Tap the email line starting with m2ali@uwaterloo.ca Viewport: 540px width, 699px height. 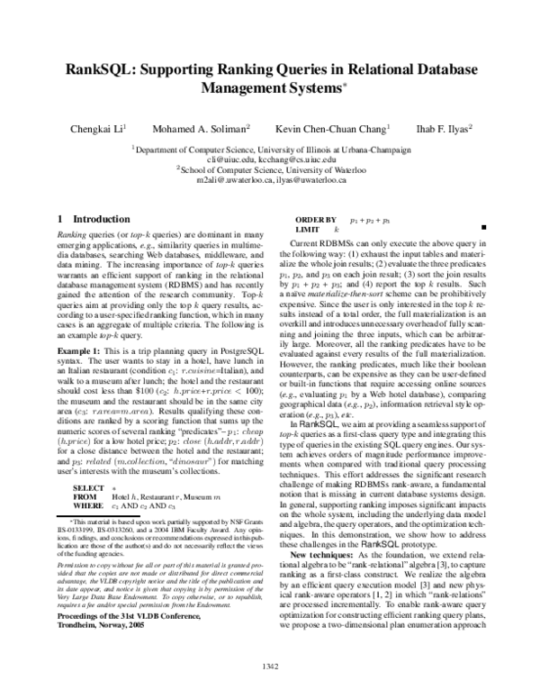coord(270,178)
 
